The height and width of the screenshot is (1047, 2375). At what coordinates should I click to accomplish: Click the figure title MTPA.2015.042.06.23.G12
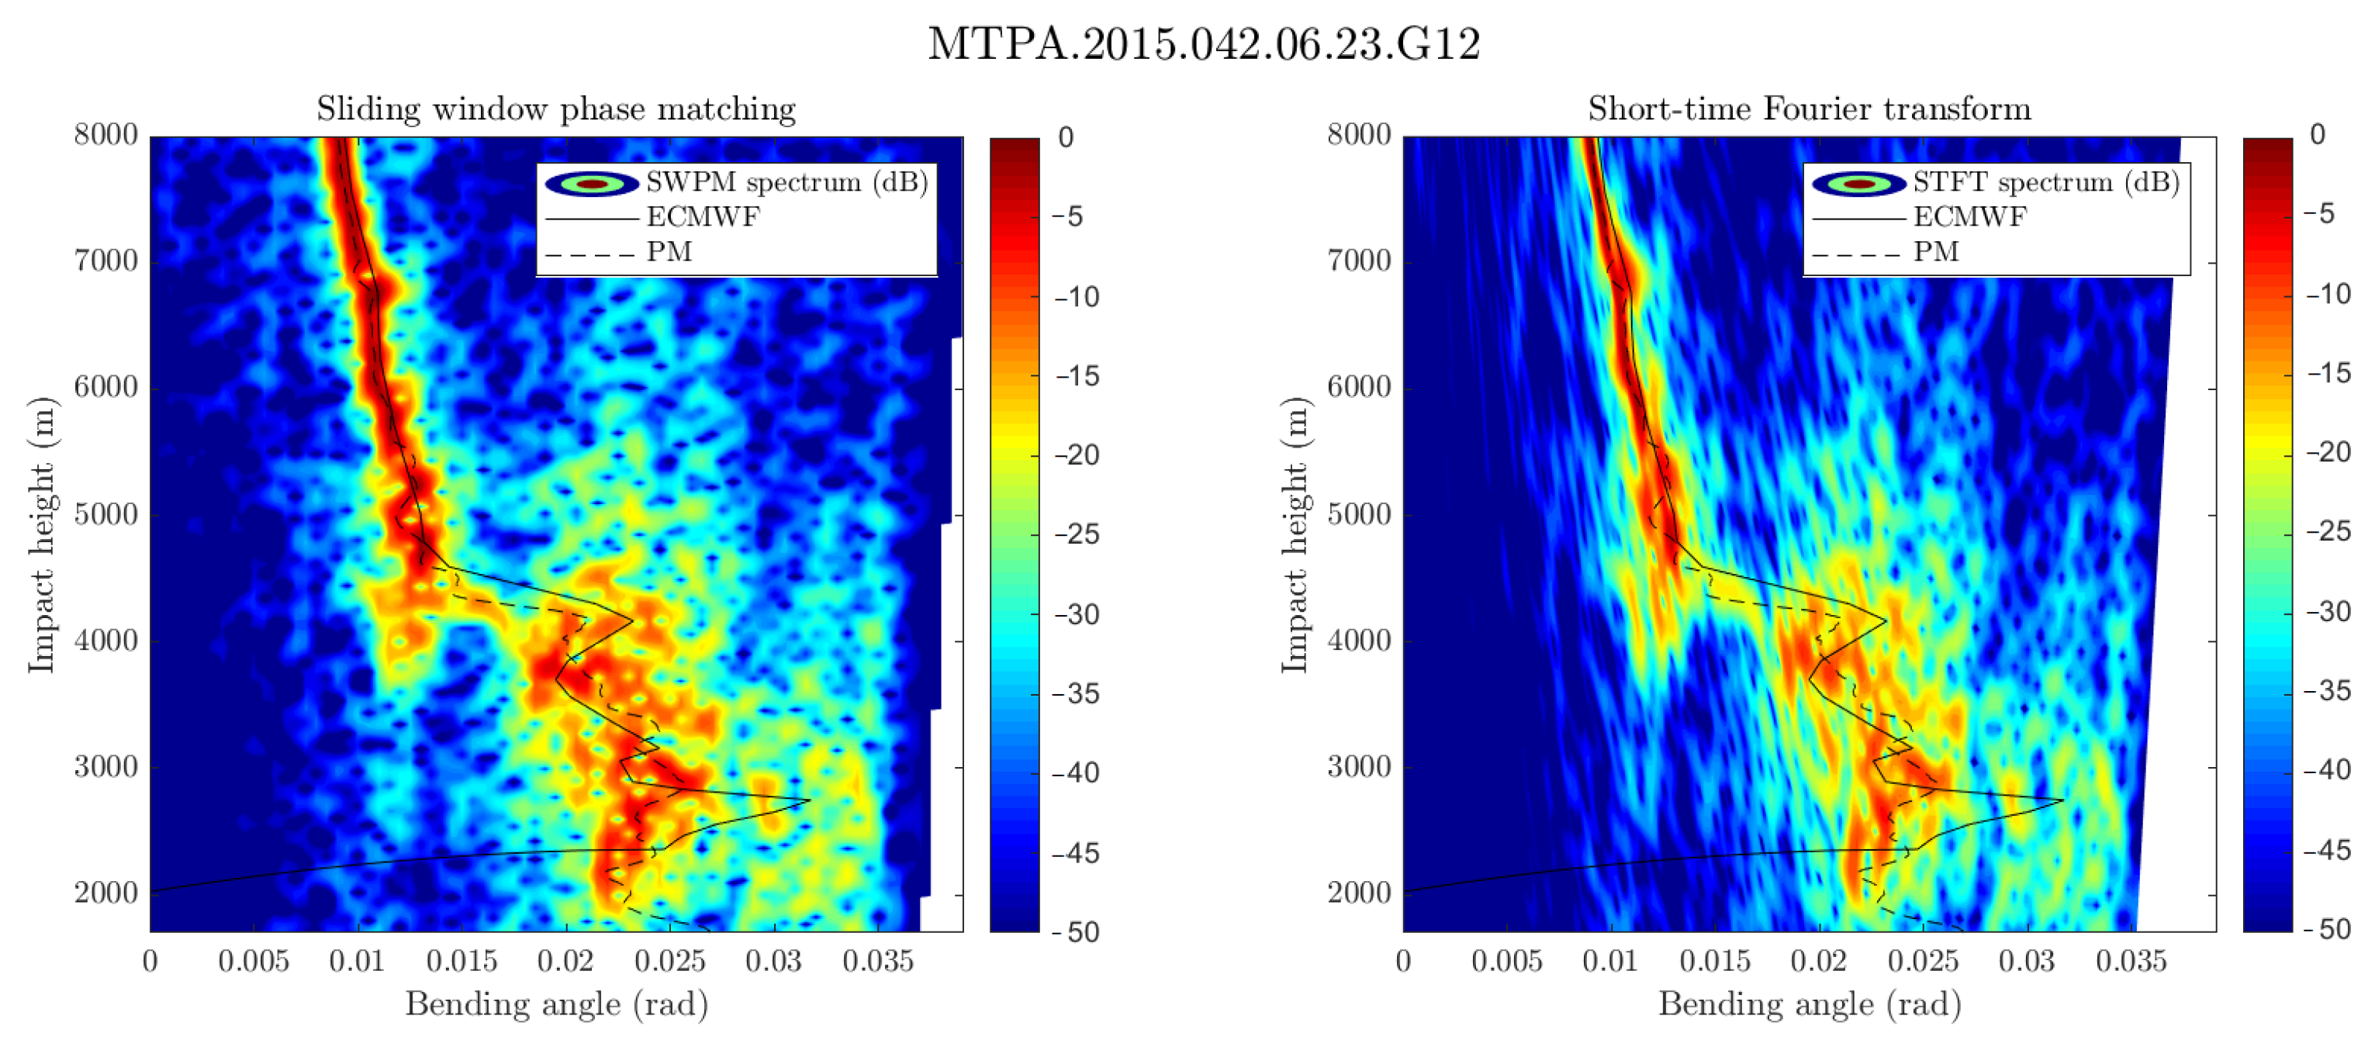[x=1203, y=44]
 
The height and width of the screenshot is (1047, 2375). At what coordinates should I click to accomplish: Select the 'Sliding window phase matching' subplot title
[x=556, y=109]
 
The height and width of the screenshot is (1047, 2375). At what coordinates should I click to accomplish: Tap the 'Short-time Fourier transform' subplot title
[x=1809, y=109]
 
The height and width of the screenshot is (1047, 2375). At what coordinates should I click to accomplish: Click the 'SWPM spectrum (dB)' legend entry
[x=786, y=182]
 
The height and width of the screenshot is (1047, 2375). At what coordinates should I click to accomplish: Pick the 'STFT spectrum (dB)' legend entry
[x=2045, y=182]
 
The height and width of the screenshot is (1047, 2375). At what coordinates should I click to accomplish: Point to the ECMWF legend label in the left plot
[x=704, y=217]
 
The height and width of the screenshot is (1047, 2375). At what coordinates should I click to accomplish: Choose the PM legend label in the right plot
[x=1935, y=251]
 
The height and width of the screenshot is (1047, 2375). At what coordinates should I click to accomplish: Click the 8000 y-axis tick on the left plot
[x=106, y=135]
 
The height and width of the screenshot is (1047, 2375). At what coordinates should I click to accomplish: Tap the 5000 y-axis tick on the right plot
[x=1359, y=514]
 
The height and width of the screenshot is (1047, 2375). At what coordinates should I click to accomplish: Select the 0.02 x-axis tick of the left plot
[x=565, y=961]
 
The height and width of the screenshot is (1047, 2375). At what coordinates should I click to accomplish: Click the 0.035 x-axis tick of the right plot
[x=2131, y=961]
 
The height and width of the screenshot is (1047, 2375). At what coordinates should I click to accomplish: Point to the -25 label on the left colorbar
[x=1077, y=534]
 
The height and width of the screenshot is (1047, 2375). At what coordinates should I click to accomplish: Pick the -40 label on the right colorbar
[x=2328, y=769]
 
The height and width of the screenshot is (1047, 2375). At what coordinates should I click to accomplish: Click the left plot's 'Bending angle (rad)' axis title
[x=556, y=1004]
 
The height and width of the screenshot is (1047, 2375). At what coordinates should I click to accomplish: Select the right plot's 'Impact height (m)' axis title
[x=1295, y=534]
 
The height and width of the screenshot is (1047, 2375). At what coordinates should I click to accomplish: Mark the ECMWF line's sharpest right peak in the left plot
[x=808, y=800]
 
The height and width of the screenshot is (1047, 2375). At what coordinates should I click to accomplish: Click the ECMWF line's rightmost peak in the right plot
[x=2062, y=800]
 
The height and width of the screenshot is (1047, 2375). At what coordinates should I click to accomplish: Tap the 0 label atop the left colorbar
[x=1066, y=137]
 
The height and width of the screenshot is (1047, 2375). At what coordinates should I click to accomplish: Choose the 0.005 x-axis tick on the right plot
[x=1506, y=961]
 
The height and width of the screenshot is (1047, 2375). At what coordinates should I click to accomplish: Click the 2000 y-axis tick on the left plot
[x=106, y=893]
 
